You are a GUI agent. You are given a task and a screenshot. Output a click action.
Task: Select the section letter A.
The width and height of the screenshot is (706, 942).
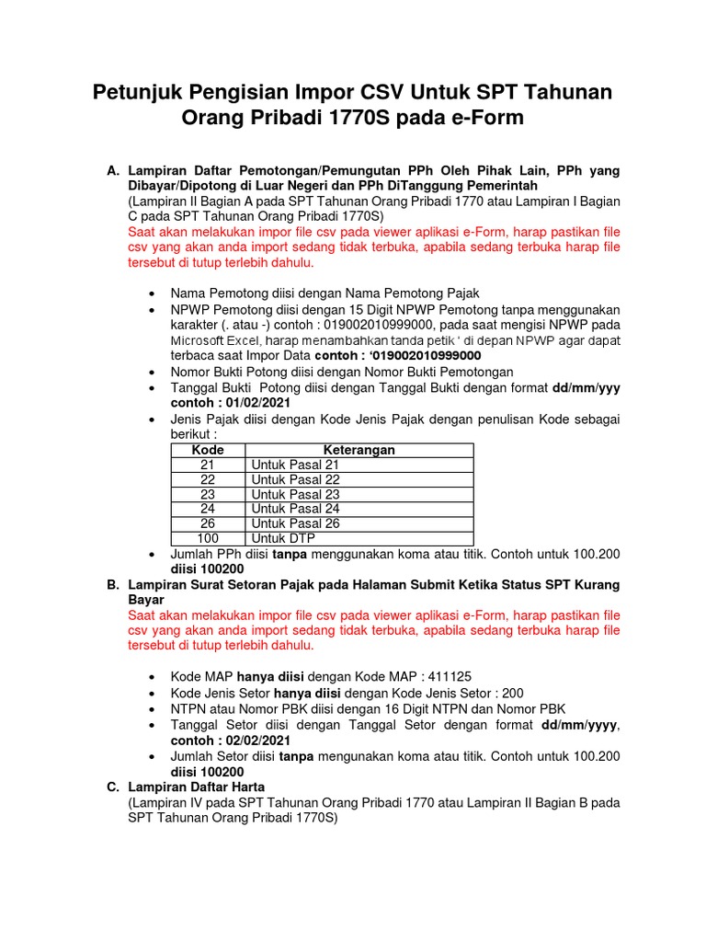coord(113,171)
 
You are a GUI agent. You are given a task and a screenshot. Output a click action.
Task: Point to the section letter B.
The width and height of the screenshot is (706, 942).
coord(113,585)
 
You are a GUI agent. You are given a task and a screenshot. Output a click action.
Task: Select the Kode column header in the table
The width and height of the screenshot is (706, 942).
coord(207,451)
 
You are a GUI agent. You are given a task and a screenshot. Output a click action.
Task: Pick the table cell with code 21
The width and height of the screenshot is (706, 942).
coord(207,465)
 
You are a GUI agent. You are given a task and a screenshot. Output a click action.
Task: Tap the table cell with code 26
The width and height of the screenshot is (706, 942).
coord(207,523)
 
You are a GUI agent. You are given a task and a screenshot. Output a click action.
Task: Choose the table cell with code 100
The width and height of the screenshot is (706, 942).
coord(207,538)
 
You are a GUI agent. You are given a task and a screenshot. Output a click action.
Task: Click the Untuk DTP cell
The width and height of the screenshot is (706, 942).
coord(281,538)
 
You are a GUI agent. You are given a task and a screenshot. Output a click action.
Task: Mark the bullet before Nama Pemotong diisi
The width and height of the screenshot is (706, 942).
coord(151,293)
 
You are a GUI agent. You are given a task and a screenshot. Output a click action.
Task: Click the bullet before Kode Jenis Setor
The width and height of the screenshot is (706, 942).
coord(151,694)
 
